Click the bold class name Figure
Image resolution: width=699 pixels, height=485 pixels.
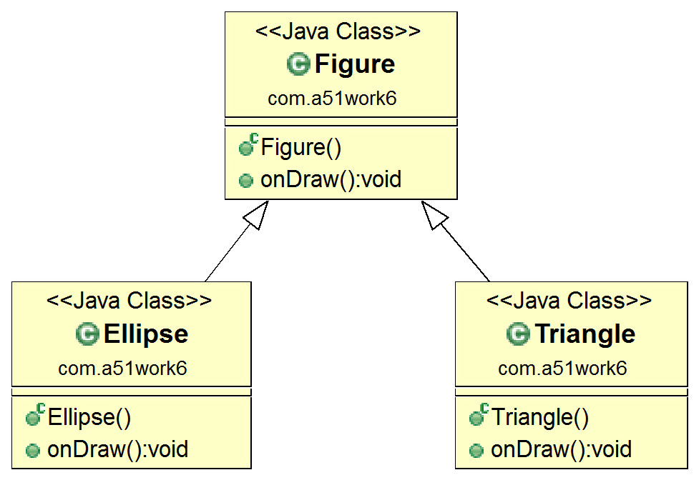coord(355,65)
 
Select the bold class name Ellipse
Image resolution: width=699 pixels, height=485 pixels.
coord(146,334)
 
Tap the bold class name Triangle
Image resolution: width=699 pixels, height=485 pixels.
coord(585,334)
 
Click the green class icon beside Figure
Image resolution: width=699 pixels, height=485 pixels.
coord(298,64)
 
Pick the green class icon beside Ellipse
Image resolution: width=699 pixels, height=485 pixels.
coord(87,334)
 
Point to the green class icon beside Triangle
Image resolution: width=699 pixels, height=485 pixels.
coord(519,334)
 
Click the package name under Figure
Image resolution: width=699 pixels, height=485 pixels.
coord(332,99)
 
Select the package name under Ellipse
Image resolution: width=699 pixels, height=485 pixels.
coord(122,369)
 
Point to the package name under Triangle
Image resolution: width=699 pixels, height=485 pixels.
coord(562,369)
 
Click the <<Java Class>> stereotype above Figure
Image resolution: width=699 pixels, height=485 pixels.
coord(338,31)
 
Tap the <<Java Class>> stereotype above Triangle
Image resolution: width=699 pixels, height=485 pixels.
coord(569,301)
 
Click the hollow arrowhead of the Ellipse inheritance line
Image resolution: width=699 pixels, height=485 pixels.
coord(256,215)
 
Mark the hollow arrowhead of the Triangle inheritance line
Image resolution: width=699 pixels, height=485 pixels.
coord(434,215)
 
